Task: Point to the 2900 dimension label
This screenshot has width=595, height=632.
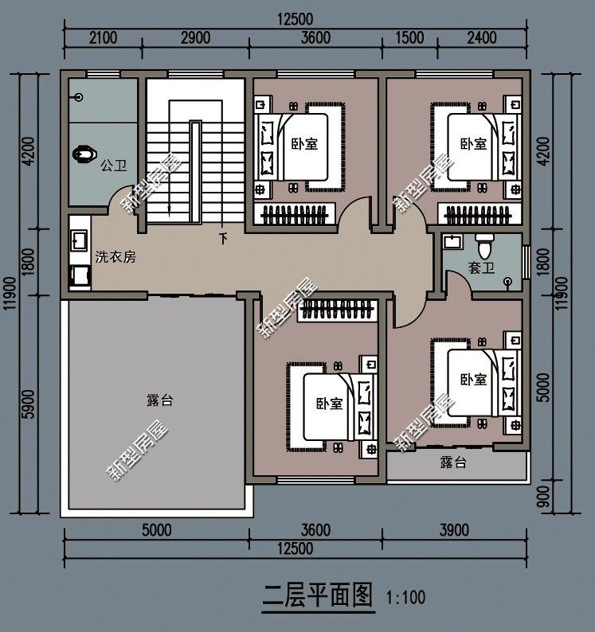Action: point(195,37)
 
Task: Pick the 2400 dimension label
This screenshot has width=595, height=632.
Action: point(482,37)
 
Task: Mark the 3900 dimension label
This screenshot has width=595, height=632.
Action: point(455,529)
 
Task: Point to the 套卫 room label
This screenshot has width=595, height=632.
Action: point(480,267)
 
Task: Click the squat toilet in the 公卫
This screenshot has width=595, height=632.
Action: point(83,153)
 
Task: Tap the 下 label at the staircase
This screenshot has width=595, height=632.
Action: point(223,238)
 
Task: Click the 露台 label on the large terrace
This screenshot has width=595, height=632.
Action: point(159,400)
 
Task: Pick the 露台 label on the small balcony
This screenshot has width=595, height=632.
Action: point(452,462)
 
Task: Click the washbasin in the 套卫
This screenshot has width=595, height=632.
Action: point(452,240)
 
